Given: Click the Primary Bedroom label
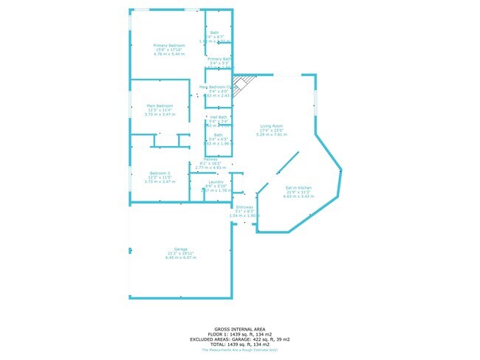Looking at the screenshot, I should [x=169, y=46].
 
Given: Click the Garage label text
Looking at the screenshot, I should [x=180, y=249].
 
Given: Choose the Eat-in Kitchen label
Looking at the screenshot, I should [x=299, y=187].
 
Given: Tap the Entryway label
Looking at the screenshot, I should [x=244, y=207].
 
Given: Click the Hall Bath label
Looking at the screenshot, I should [x=219, y=117].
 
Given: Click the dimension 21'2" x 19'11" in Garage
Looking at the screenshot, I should [x=180, y=253].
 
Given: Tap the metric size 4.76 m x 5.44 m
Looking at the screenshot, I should [x=169, y=54].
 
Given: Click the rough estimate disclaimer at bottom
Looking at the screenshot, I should [x=240, y=350].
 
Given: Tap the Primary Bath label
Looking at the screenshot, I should [x=219, y=59].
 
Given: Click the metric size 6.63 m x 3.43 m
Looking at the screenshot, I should [x=299, y=196].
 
